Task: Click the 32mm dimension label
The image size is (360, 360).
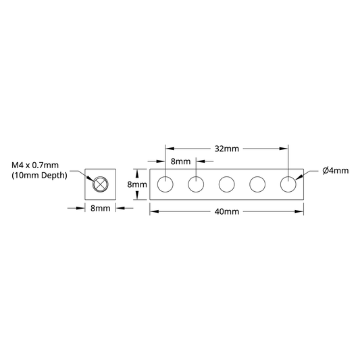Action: tap(227, 149)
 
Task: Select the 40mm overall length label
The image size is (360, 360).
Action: tap(227, 211)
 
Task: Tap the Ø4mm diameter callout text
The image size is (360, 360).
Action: tap(336, 171)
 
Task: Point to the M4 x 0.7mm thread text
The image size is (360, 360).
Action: tap(35, 165)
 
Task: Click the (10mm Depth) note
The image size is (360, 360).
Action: tap(39, 176)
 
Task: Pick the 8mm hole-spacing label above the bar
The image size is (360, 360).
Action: tap(181, 161)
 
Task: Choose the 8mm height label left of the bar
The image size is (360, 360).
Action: tap(137, 184)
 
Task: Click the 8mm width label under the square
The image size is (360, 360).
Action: tap(101, 208)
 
